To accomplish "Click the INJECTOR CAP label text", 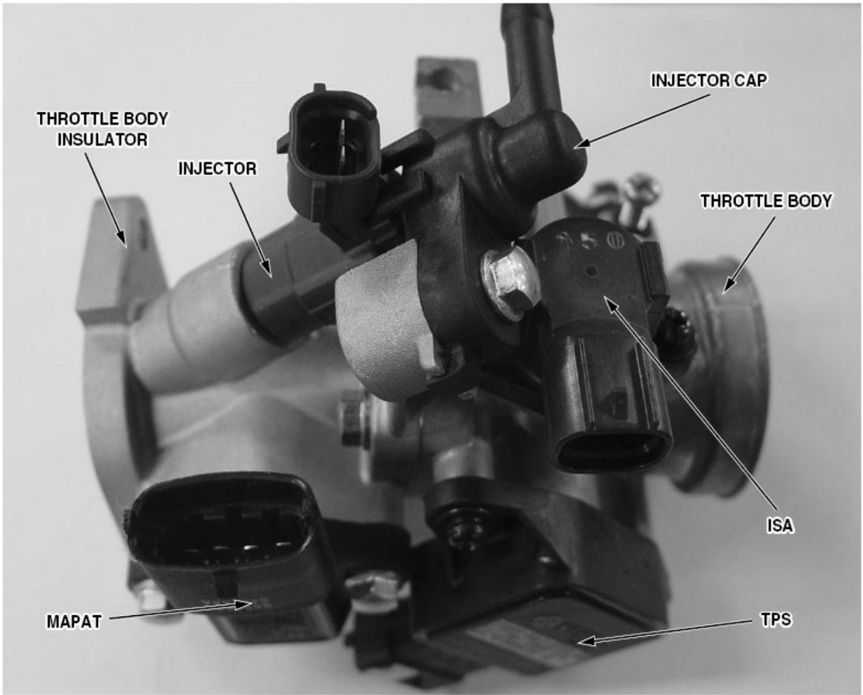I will click(x=709, y=80).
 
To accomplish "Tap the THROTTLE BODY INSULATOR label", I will click(x=102, y=129).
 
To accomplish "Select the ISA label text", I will click(x=779, y=525).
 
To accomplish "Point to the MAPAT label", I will click(x=74, y=621).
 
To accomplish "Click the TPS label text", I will click(x=776, y=619).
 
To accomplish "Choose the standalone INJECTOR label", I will click(x=218, y=169).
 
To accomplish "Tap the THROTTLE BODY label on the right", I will click(x=766, y=201).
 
